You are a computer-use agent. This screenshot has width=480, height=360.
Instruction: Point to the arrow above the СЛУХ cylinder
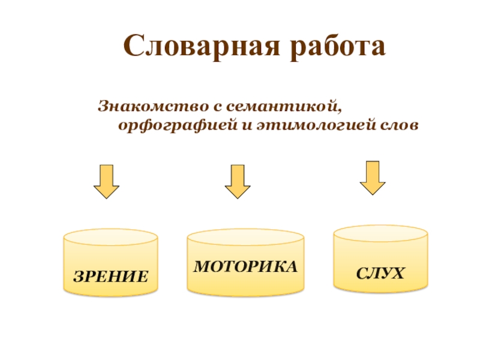tap(373, 177)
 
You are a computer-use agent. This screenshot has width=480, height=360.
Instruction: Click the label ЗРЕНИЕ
tap(111, 277)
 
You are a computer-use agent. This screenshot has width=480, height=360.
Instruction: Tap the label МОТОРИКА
tap(245, 266)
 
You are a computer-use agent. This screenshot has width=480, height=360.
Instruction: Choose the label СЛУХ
tap(381, 274)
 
